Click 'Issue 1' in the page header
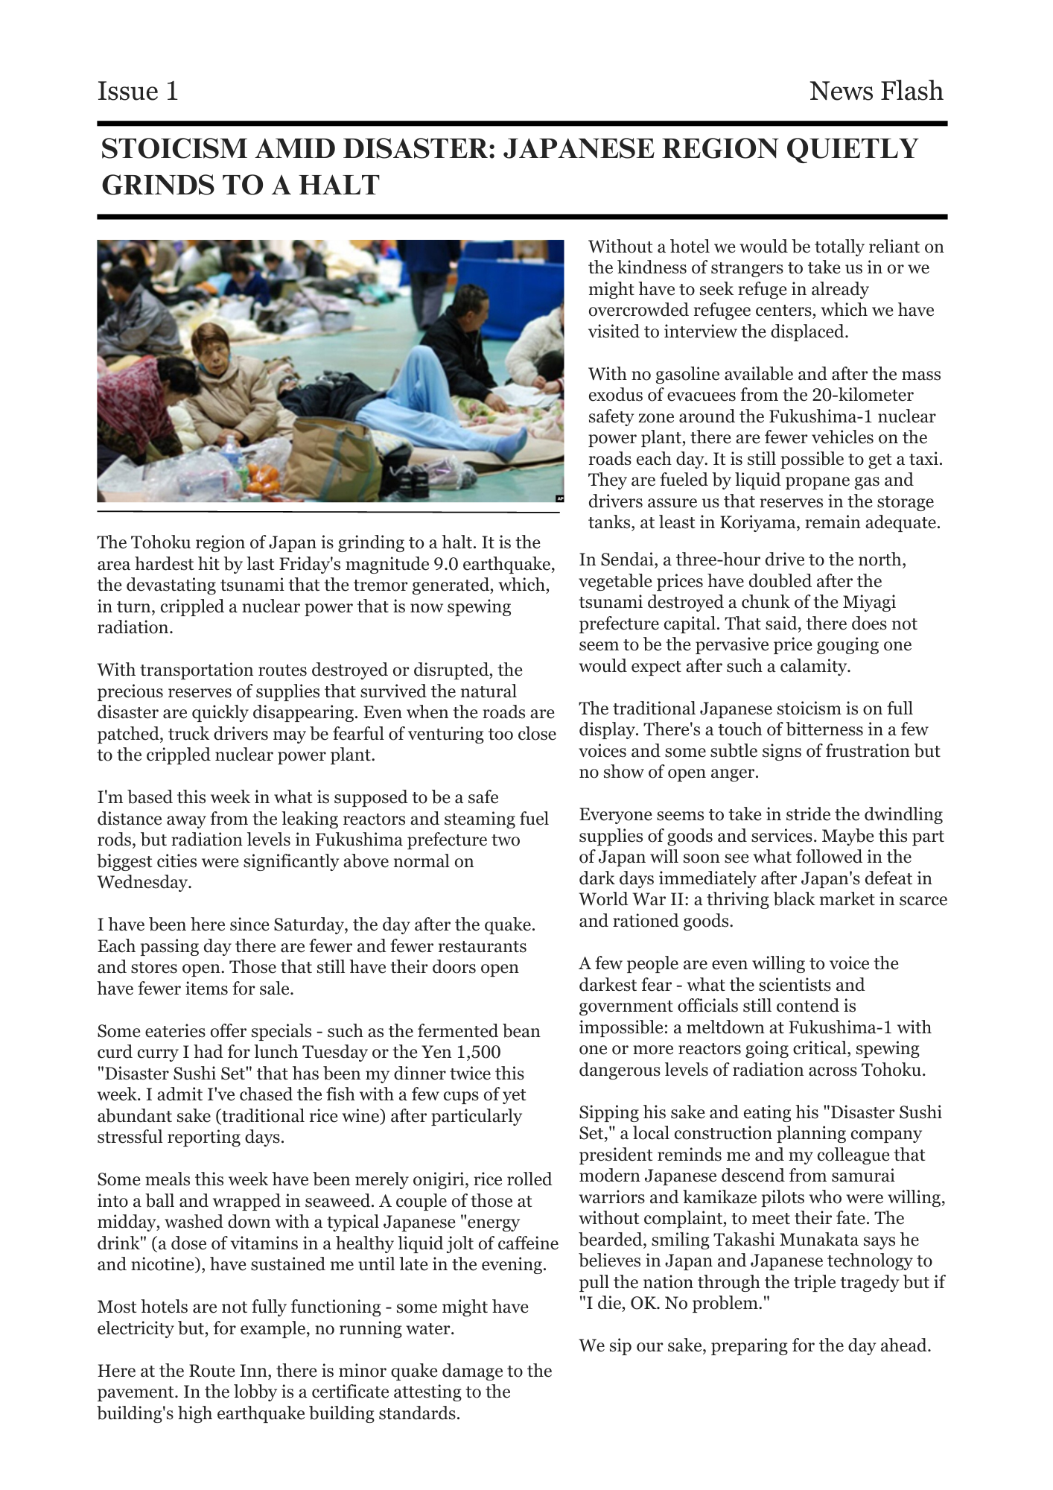click(138, 92)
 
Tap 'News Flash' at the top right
click(876, 92)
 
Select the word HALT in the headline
click(345, 185)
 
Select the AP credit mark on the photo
click(559, 498)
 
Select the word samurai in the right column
click(864, 1176)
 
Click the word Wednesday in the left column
click(141, 883)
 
